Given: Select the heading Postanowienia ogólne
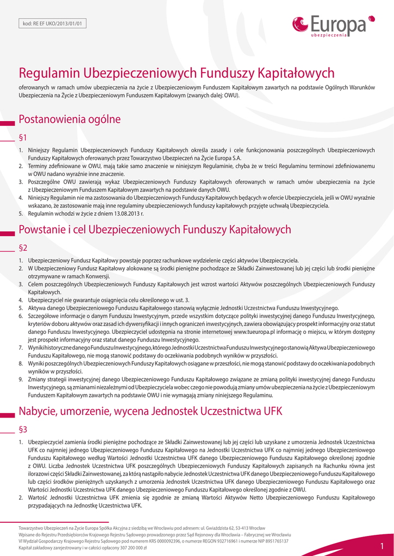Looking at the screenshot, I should (x=70, y=119).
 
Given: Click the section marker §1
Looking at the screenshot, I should (x=23, y=137).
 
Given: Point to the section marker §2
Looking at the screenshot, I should (x=23, y=248).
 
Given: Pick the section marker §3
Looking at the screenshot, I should (x=23, y=429).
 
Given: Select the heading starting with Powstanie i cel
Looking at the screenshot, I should (x=155, y=230).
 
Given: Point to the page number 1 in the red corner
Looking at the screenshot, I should (x=382, y=546).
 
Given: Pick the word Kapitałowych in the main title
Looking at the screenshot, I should (x=296, y=73).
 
